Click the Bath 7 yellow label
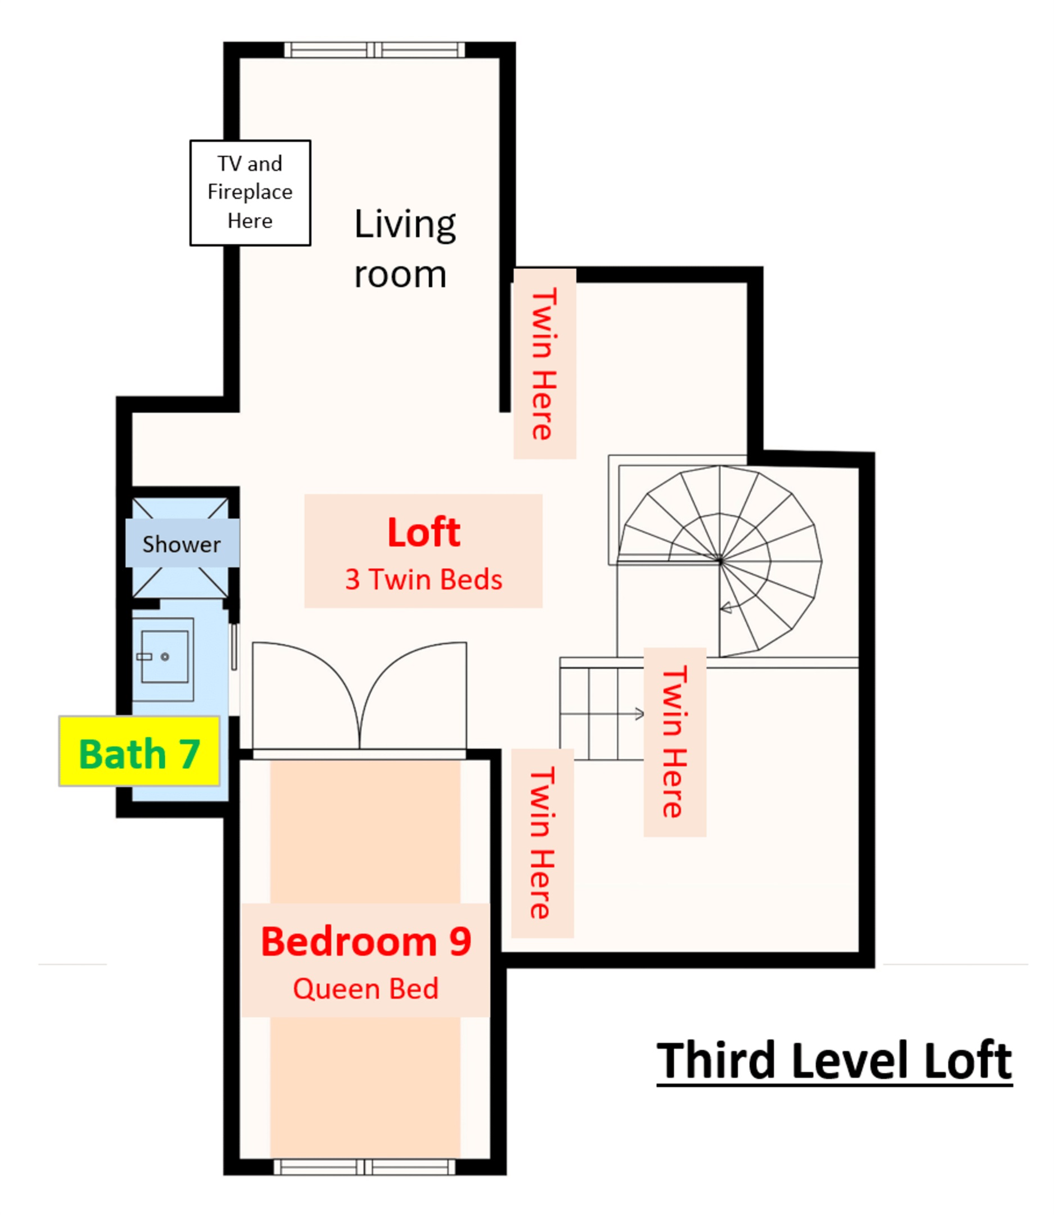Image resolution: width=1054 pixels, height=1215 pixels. click(139, 751)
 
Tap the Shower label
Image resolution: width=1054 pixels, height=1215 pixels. click(182, 543)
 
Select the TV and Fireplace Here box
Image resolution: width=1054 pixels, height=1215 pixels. click(250, 192)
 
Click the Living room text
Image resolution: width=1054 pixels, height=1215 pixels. click(404, 249)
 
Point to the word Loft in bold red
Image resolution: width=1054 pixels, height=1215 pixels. click(424, 533)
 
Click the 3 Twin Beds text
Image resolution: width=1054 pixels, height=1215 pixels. click(424, 580)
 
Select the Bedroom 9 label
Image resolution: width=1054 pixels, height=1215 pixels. click(366, 942)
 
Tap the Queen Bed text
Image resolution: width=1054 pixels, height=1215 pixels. click(366, 988)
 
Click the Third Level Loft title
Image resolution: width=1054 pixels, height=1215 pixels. click(834, 1060)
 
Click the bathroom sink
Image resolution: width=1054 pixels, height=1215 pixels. click(165, 658)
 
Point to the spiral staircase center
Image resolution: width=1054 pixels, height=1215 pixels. click(720, 561)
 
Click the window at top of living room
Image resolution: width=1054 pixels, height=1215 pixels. click(374, 50)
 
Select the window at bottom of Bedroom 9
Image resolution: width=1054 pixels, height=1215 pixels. click(364, 1167)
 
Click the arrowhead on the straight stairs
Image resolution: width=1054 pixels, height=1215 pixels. click(640, 714)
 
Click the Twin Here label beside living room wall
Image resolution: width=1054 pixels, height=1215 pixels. click(544, 364)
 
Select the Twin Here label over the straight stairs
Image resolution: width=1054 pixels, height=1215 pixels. click(674, 742)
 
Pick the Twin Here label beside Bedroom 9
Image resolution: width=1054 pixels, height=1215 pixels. click(542, 843)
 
